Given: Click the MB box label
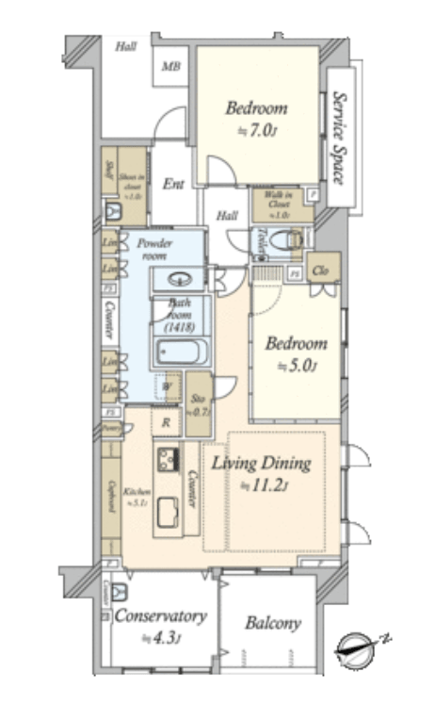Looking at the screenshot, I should coord(171,66).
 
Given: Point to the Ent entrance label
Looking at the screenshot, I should coord(173,184).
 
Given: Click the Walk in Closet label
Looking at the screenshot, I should coord(279,204).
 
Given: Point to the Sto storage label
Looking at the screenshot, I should coord(198,405).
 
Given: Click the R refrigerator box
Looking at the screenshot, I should coord(166,423).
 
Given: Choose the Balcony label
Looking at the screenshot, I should coord(272,623).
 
